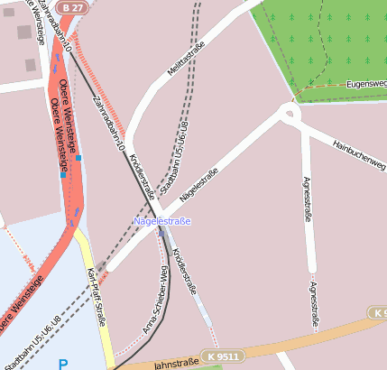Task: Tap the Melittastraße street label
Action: [x=187, y=58]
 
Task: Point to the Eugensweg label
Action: [x=365, y=83]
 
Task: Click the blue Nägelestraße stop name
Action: [x=162, y=221]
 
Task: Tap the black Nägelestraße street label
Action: [x=200, y=183]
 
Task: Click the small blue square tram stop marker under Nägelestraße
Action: [x=161, y=232]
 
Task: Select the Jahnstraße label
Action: [x=175, y=363]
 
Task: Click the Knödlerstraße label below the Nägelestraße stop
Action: [x=184, y=271]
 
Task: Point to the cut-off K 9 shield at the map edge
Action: [x=378, y=312]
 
